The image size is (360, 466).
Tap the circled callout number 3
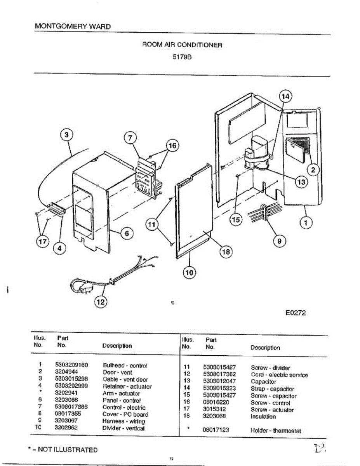pos(67,135)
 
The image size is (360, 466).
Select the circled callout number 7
pos(130,138)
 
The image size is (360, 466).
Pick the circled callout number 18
pos(225,252)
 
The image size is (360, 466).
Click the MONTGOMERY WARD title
pos(73,26)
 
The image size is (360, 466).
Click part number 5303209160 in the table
pos(71,365)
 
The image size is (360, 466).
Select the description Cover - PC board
pos(125,414)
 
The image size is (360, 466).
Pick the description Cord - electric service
pos(279,375)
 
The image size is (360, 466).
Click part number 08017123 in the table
pos(216,430)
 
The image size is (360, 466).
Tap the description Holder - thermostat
pos(275,431)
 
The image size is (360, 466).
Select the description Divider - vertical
pos(123,428)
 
